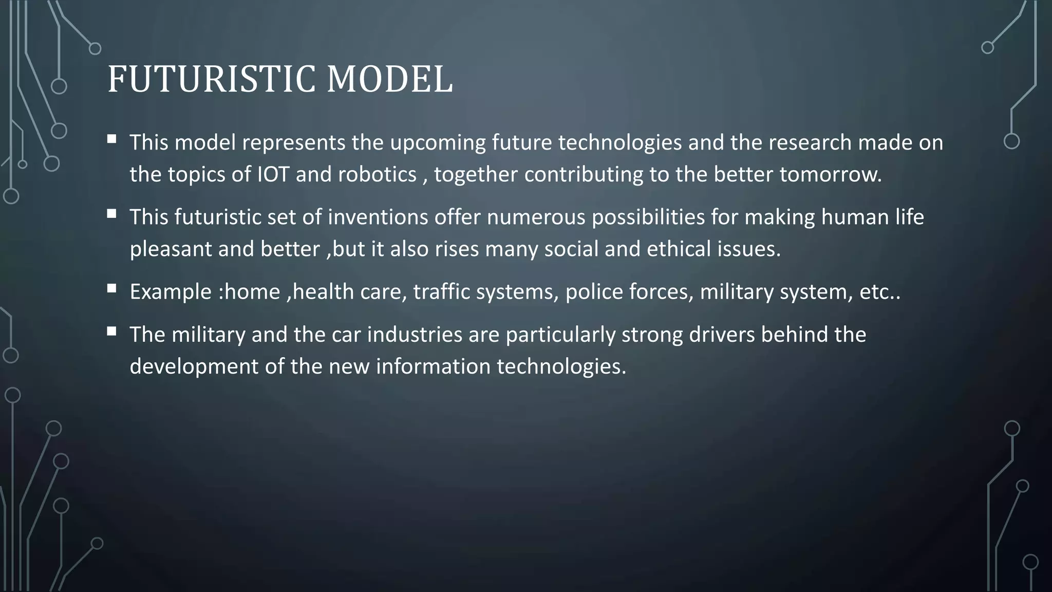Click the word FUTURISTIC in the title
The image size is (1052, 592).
pyautogui.click(x=211, y=80)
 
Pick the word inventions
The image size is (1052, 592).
pyautogui.click(x=378, y=217)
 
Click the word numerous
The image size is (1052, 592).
pyautogui.click(x=536, y=217)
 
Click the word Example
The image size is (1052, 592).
pyautogui.click(x=171, y=292)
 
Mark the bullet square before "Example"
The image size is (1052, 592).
pyautogui.click(x=111, y=289)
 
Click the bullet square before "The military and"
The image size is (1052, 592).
pyautogui.click(x=111, y=331)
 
